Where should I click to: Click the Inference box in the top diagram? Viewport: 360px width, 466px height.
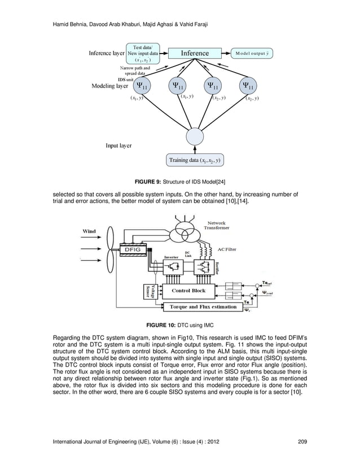195,53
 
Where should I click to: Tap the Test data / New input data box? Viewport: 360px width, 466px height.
142,52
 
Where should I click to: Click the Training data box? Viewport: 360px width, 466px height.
194,160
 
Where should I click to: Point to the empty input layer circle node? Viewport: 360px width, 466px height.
195,136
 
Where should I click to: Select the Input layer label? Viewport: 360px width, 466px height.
118,145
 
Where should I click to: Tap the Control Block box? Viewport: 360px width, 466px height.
188,291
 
